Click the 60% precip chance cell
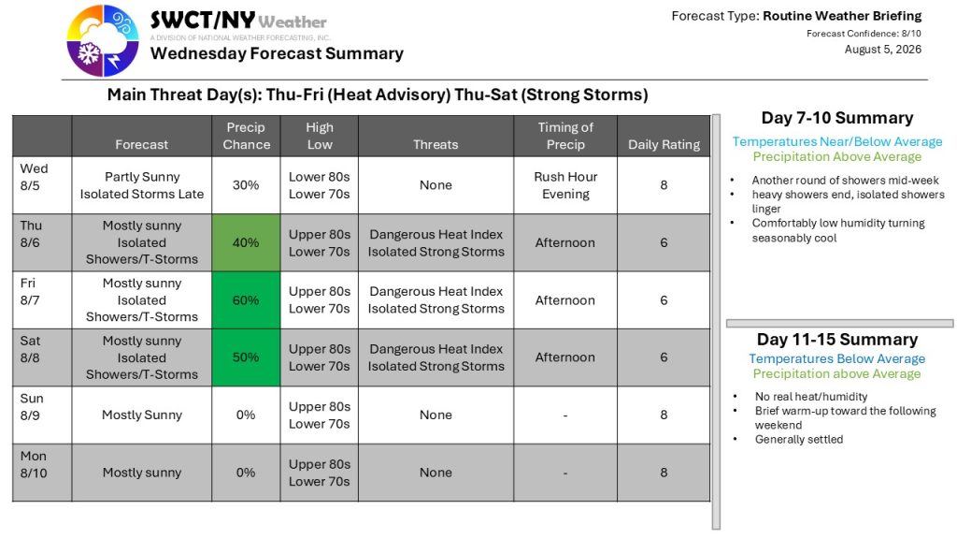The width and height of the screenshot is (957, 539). click(x=246, y=300)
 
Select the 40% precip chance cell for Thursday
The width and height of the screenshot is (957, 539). click(x=246, y=242)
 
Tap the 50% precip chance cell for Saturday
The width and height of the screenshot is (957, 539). click(x=246, y=357)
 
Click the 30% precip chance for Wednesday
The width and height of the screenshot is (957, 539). click(x=246, y=185)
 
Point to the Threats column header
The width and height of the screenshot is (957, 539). click(x=436, y=144)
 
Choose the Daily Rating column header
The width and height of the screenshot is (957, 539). click(x=664, y=144)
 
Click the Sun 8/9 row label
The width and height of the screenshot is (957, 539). click(x=32, y=407)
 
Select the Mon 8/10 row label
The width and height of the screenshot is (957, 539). click(x=34, y=464)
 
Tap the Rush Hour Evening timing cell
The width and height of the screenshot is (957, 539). click(x=565, y=185)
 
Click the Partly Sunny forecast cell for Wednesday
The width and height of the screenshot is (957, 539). click(x=142, y=185)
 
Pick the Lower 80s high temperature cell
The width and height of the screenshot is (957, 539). click(x=320, y=177)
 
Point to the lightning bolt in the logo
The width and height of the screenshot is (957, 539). click(x=114, y=61)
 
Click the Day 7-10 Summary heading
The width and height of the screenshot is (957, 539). click(x=837, y=117)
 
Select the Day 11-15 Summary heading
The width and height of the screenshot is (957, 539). click(x=837, y=339)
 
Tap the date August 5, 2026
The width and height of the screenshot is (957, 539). click(x=882, y=50)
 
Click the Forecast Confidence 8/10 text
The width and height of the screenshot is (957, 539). click(x=864, y=34)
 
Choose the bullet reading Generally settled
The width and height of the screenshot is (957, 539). click(x=799, y=440)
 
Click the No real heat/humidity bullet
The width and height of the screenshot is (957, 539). click(x=811, y=397)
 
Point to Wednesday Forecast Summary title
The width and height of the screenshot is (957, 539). click(x=277, y=53)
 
